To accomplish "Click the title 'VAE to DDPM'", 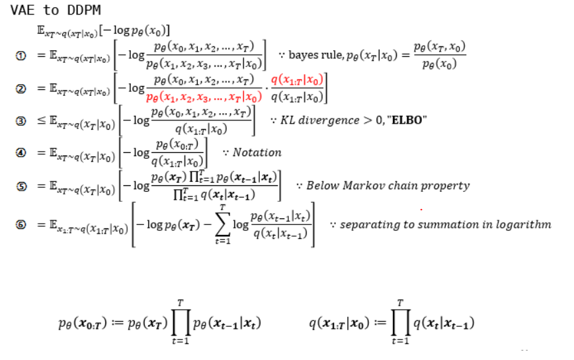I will click(x=56, y=11).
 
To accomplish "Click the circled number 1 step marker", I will click(x=21, y=56).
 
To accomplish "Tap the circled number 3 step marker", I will click(x=21, y=121).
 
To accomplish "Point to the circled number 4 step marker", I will click(x=21, y=152).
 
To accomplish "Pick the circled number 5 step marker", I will click(x=21, y=186).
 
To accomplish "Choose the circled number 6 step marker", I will click(x=21, y=225).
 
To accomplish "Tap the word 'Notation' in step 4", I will click(x=257, y=152).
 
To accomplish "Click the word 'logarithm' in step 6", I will click(x=522, y=224).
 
